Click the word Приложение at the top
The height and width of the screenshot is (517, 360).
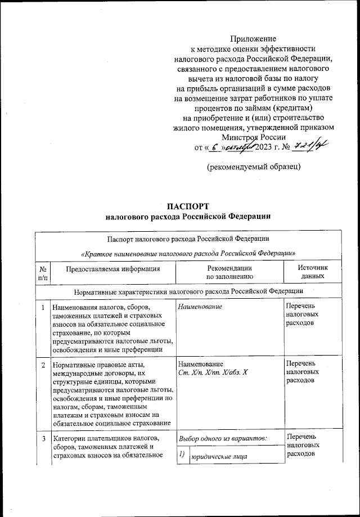point(253,39)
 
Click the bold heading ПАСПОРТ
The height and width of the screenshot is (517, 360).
point(189,205)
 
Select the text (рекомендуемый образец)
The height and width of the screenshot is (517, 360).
point(253,167)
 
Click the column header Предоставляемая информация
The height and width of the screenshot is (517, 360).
point(113,269)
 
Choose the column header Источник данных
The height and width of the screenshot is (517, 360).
point(312,273)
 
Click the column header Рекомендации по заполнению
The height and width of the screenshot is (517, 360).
point(229,273)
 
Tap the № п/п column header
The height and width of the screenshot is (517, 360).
point(43,273)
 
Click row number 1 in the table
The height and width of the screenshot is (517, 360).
point(43,307)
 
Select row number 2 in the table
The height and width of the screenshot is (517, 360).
point(43,365)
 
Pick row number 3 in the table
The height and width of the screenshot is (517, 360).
point(43,437)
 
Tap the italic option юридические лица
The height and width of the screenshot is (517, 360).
point(219,457)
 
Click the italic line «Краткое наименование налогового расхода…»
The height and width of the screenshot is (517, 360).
point(189,253)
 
